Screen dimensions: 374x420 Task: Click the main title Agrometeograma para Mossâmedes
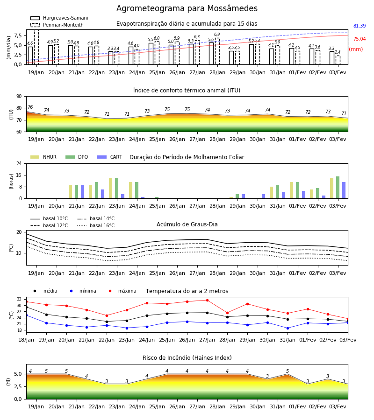187,8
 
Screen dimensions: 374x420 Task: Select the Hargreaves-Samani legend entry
59,18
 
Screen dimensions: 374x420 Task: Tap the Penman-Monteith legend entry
57,25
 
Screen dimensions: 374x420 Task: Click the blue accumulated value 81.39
360,26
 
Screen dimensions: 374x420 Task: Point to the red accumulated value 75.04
360,39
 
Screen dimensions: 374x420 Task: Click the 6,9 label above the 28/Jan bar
217,34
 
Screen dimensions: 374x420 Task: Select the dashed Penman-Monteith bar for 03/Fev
338,60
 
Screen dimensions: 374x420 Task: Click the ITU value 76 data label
30,107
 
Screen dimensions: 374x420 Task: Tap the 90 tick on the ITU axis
19,97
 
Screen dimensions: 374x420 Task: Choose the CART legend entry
110,157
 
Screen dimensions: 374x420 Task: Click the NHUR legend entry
43,157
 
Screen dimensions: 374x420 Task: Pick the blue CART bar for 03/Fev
344,190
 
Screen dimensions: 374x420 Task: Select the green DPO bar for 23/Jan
117,188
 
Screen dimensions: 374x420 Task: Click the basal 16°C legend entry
96,225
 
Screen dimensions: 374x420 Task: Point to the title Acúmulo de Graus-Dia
187,224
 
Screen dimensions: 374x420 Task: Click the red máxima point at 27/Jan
207,300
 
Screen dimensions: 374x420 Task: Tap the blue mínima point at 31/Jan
288,328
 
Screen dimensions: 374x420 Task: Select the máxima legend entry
121,291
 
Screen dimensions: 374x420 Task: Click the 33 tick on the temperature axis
19,299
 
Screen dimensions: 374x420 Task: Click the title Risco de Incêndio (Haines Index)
187,358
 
